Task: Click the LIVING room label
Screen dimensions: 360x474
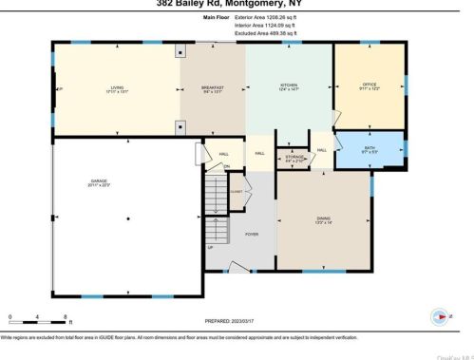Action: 117,88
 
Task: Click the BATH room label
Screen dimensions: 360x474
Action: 370,149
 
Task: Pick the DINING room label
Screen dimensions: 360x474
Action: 324,219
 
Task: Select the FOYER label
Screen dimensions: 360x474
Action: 252,234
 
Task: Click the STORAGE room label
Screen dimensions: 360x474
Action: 294,156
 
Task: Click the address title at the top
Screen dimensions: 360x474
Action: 237,3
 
